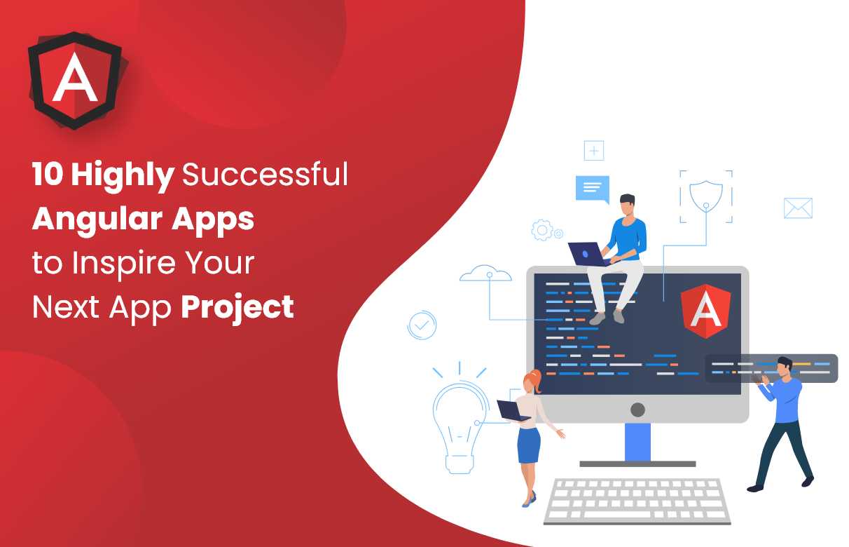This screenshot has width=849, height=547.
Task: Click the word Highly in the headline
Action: coord(123,175)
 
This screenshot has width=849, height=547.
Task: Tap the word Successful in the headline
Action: coord(265,174)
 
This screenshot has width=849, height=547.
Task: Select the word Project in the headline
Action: coord(237,308)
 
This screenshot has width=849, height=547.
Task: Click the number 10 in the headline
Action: coord(48,174)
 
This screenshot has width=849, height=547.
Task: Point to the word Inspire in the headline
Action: coord(124,264)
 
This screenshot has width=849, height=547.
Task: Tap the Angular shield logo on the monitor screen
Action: coord(705,311)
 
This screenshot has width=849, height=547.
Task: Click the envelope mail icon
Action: coord(798,208)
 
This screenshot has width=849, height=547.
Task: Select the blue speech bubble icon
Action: coord(593,189)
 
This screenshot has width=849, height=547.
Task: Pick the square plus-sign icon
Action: coord(593,151)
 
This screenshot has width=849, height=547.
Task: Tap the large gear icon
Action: coord(542,230)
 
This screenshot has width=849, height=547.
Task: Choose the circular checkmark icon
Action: coord(422,325)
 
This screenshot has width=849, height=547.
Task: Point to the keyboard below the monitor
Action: coord(637,501)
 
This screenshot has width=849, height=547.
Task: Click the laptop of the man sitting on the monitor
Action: coord(587,254)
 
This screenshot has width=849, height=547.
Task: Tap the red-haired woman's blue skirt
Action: coord(529,445)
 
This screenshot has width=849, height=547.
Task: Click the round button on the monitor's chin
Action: coord(637,410)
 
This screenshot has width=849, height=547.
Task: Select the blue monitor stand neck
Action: coord(637,442)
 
